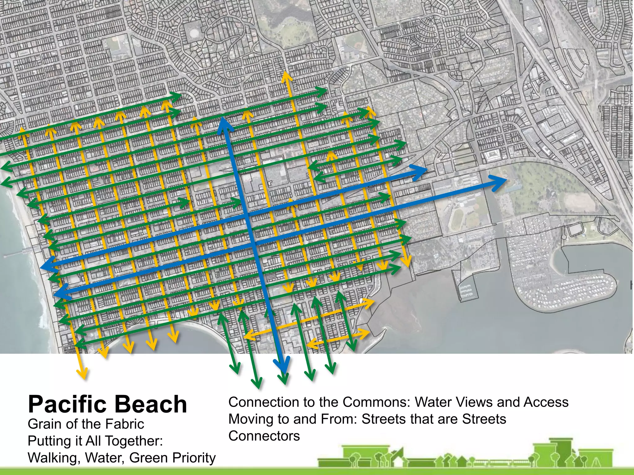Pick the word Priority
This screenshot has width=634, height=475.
coord(194,458)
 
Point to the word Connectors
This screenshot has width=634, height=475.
coord(264,436)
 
